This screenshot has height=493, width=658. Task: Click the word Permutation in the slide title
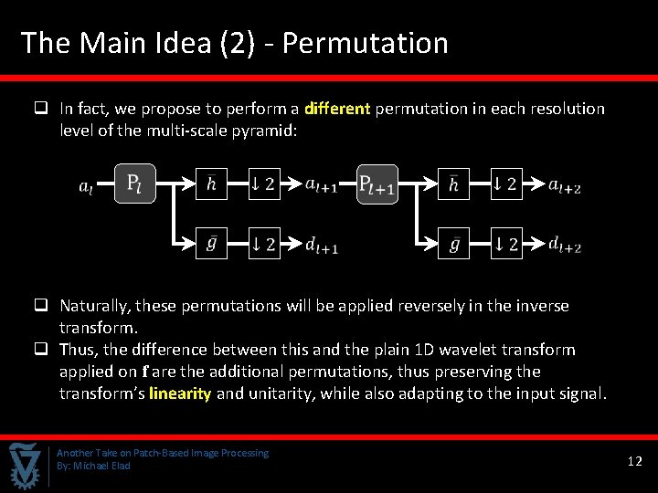[365, 43]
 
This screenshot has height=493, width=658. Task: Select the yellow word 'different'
[337, 109]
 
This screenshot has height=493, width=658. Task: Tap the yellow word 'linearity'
[180, 393]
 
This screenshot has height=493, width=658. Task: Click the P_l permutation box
[134, 184]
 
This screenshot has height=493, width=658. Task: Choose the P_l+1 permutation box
[377, 184]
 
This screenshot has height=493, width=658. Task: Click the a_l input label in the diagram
[86, 187]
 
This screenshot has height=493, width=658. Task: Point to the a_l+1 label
[322, 185]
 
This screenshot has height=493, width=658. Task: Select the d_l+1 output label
[322, 244]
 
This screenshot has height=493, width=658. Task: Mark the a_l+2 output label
[565, 185]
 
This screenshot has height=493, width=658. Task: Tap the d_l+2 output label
[565, 244]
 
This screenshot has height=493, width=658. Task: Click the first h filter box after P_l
[211, 184]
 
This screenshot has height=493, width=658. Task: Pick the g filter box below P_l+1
[454, 244]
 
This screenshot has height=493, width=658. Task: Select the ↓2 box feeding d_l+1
[264, 244]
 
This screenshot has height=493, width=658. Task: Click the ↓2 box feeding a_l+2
[506, 184]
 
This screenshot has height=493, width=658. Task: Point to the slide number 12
[635, 462]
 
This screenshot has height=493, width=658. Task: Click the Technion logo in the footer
[25, 464]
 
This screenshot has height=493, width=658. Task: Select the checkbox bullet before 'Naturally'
[41, 306]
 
